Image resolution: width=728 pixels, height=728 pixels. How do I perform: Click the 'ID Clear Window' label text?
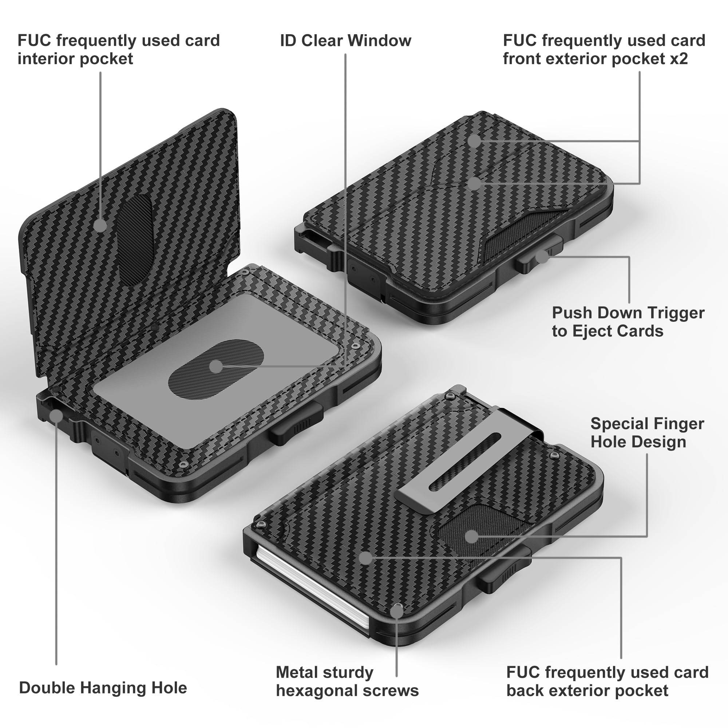345,41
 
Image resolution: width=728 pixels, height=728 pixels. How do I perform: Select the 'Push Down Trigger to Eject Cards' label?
628,321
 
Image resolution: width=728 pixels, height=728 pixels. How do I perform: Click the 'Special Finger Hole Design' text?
646,432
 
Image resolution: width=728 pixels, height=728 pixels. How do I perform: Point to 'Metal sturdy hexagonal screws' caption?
347,681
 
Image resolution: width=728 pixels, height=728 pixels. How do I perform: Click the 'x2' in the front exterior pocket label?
678,59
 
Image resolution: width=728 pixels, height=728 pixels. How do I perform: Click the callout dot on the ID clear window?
216,365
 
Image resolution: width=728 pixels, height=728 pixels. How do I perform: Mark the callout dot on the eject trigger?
542,257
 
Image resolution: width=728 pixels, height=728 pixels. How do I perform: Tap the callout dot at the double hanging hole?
56,416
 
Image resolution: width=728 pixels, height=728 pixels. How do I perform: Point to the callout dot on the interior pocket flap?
100,225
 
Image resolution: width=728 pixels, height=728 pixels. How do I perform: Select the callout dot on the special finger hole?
471,536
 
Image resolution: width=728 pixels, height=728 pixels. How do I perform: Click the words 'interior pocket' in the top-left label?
75,59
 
